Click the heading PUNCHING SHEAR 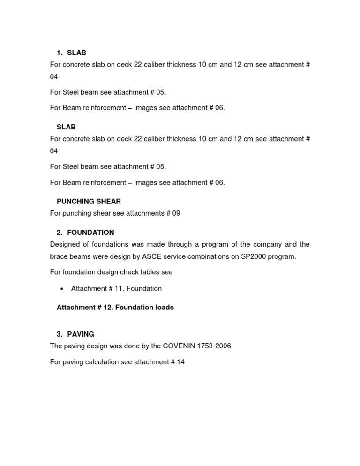point(89,201)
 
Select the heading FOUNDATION point(90,232)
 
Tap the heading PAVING point(81,334)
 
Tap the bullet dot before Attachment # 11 point(62,288)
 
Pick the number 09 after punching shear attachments point(176,213)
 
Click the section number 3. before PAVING point(60,334)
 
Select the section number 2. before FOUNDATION point(60,232)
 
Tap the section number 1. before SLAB point(60,53)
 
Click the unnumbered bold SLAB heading point(66,127)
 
